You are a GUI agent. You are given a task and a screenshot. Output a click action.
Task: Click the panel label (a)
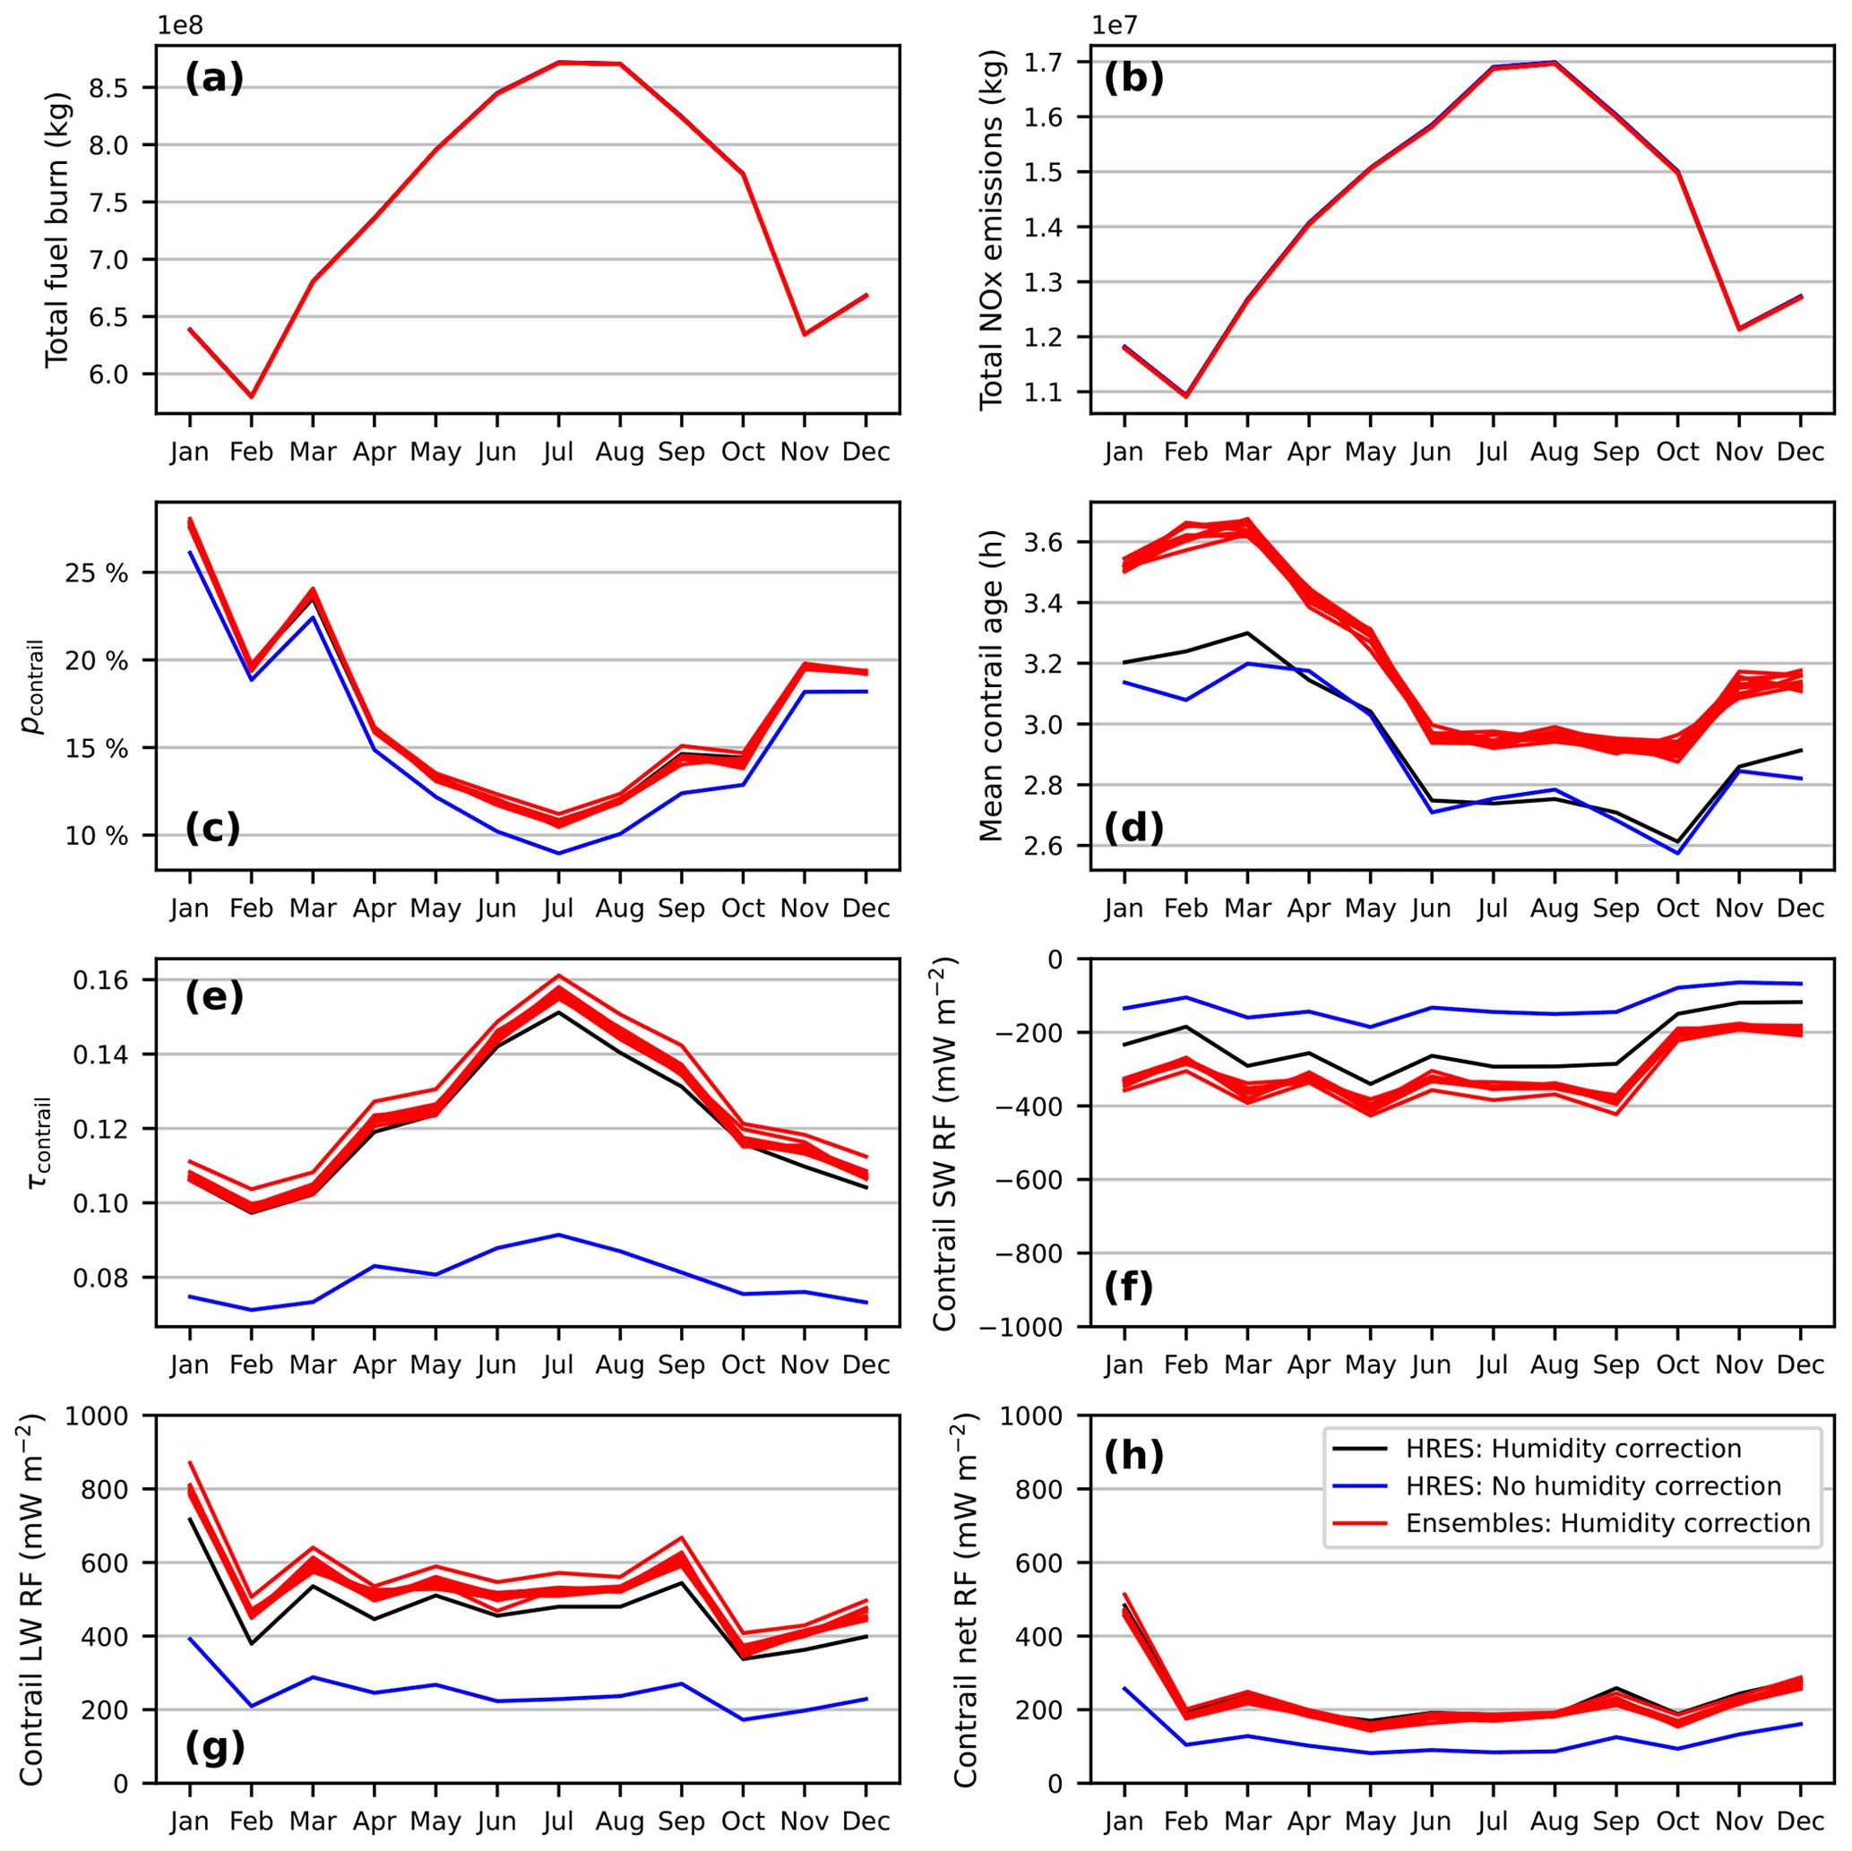[x=214, y=78]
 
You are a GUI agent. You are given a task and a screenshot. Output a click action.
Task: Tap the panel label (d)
[x=1133, y=827]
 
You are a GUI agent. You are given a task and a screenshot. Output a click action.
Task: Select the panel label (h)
[x=1133, y=1456]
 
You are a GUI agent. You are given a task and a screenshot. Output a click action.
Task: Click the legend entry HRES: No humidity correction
[x=1593, y=1485]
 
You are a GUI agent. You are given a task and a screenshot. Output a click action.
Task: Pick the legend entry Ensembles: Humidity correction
[x=1607, y=1523]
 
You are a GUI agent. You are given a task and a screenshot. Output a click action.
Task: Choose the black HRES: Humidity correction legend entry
[x=1573, y=1449]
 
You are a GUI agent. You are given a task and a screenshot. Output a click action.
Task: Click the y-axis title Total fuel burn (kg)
[x=56, y=229]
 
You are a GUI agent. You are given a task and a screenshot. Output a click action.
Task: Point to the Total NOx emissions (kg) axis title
[x=991, y=230]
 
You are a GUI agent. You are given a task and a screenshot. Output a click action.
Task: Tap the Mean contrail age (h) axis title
[x=991, y=685]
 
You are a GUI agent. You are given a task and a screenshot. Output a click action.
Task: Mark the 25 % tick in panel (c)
[x=97, y=573]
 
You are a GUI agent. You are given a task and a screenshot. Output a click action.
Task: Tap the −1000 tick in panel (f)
[x=1038, y=1327]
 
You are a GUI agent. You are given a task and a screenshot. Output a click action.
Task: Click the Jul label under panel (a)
[x=559, y=452]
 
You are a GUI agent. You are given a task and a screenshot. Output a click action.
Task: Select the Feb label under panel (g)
[x=251, y=1821]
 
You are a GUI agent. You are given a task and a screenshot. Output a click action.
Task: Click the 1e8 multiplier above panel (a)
[x=180, y=25]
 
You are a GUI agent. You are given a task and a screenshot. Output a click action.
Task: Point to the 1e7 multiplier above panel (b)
[x=1115, y=25]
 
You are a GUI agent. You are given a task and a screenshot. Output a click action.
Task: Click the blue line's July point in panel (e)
[x=559, y=1235]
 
